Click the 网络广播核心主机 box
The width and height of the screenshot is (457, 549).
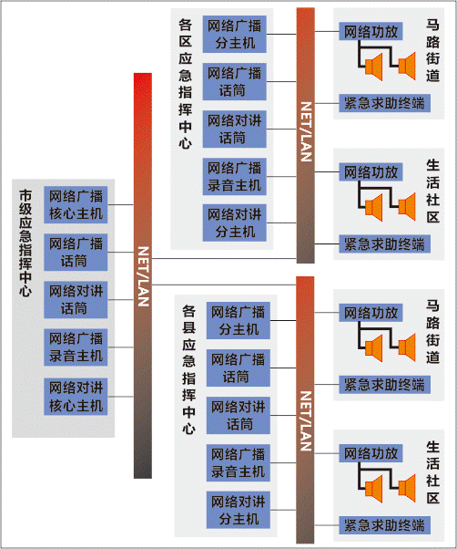coord(76,205)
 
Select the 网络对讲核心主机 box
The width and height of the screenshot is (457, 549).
coord(76,397)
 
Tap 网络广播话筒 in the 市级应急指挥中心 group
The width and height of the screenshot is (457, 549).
coord(76,252)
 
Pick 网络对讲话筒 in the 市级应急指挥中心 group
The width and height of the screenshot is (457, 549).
coord(76,300)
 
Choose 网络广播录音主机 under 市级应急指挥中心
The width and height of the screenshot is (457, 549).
coord(76,347)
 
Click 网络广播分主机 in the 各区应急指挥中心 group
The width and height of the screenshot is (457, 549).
coord(235,35)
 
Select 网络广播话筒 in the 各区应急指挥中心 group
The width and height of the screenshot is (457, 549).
coord(235,81)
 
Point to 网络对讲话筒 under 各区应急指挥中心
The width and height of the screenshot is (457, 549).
coord(235,129)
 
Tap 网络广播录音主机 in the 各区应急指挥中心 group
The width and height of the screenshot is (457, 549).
coord(235,177)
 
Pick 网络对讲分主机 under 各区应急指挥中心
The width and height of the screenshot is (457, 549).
coord(235,223)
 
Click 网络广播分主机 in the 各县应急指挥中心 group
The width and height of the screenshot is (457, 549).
coord(239,320)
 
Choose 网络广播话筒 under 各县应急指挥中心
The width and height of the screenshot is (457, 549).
coord(239,368)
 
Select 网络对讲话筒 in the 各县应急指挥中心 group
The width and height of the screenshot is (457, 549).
coord(239,415)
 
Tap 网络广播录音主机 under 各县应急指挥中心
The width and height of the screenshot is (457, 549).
coord(239,463)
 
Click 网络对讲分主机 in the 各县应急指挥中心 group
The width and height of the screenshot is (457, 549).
coord(239,510)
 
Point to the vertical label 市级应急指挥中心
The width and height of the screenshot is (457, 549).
coord(25,243)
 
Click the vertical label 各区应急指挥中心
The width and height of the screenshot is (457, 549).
coord(185,84)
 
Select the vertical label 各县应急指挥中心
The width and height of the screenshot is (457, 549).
coord(188,369)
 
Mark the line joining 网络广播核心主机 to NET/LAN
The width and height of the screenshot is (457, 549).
coord(120,205)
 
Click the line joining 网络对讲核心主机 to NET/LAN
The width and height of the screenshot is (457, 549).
coord(120,397)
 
